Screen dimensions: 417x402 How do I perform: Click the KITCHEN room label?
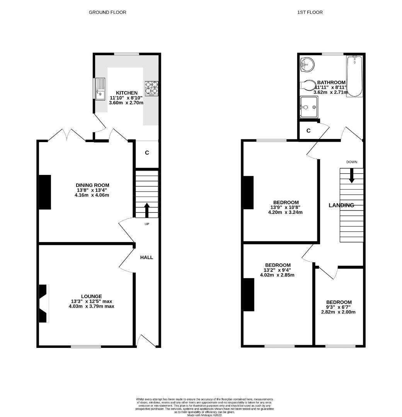coord(126,93)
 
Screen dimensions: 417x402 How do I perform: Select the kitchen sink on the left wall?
coord(100,89)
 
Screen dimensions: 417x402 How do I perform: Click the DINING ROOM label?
coord(92,185)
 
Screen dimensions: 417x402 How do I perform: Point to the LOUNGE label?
coord(92,296)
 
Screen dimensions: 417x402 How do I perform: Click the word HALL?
coord(146,257)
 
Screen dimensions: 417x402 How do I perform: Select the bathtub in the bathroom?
coord(354,76)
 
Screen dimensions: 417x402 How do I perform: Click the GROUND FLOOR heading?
coord(107,12)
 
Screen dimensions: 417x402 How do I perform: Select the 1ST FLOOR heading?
coord(310,12)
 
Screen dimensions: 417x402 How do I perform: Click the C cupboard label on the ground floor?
coord(147,153)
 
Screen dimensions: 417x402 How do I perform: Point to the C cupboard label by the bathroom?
coord(308,131)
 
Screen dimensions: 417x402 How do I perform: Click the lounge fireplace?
coord(43,303)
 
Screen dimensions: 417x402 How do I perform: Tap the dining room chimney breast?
coord(45,192)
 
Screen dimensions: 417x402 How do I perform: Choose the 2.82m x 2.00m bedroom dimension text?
coord(339,312)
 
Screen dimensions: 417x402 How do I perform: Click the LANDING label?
coord(341,205)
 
